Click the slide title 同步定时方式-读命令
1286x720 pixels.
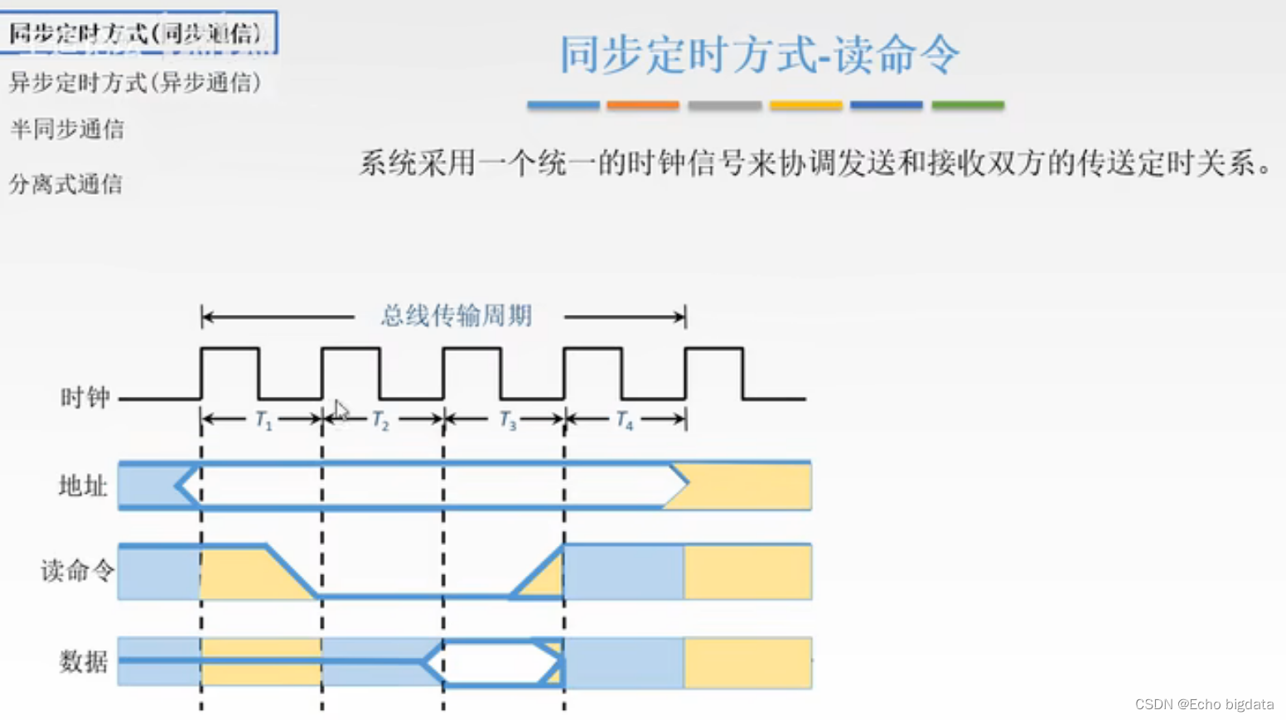[x=759, y=55]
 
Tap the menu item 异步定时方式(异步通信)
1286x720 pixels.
[x=135, y=82]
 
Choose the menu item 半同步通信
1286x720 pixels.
[x=67, y=129]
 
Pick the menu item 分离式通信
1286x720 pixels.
[x=66, y=183]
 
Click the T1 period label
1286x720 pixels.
[x=263, y=420]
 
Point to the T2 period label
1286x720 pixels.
[x=380, y=420]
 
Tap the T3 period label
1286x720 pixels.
[x=508, y=420]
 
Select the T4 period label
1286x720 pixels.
[x=625, y=420]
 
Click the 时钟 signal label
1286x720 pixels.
[x=85, y=398]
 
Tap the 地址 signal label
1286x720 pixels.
[x=84, y=486]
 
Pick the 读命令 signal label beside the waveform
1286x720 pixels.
[x=77, y=571]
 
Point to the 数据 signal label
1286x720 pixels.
[x=84, y=661]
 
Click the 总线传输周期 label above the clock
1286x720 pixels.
[x=457, y=316]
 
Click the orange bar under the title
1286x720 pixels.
[x=642, y=105]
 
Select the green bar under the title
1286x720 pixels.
[x=968, y=105]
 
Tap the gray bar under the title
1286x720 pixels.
[x=724, y=105]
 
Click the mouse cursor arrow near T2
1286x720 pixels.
[x=341, y=410]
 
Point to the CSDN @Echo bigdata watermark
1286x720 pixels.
[x=1204, y=704]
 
